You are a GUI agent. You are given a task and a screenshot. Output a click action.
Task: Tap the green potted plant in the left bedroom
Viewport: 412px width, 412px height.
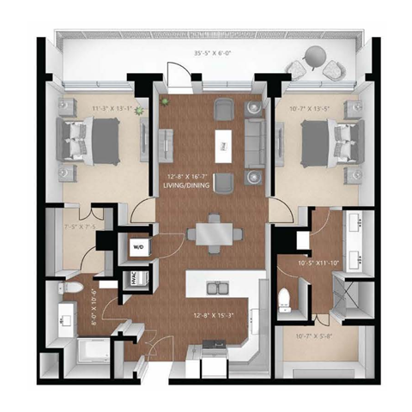coord(135,110)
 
